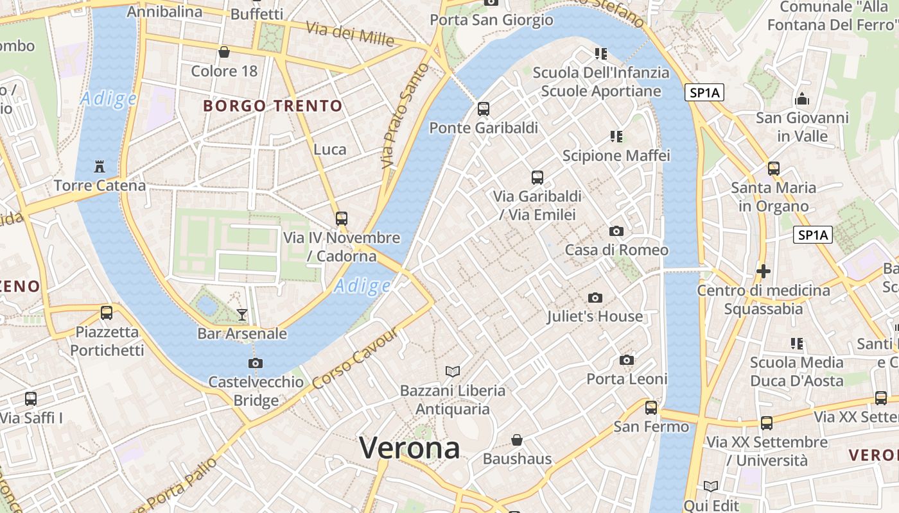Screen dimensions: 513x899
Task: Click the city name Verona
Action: (409, 448)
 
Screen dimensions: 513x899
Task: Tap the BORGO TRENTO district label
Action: (273, 106)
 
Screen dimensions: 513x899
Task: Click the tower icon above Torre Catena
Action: (99, 167)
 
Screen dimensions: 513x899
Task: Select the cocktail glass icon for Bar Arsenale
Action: (242, 314)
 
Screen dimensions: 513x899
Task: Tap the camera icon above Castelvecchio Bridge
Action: (256, 364)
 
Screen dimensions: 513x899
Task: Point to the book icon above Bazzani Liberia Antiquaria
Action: (453, 371)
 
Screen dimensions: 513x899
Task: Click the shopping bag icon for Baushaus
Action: (517, 440)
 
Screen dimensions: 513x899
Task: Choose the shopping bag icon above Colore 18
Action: (224, 52)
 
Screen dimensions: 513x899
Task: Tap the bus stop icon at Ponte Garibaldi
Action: (484, 109)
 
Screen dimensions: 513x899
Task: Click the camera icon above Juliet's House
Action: (595, 298)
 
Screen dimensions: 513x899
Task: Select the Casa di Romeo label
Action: (616, 250)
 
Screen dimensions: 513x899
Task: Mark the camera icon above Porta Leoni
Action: (627, 360)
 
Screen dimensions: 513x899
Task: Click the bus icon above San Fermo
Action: (651, 408)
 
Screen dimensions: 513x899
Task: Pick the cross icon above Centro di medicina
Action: (764, 271)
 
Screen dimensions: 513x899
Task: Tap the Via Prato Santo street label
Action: (405, 115)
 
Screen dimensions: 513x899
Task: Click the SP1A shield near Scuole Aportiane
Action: (704, 93)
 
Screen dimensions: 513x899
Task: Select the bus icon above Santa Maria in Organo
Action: (774, 169)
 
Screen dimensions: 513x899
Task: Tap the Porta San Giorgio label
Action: (491, 20)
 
